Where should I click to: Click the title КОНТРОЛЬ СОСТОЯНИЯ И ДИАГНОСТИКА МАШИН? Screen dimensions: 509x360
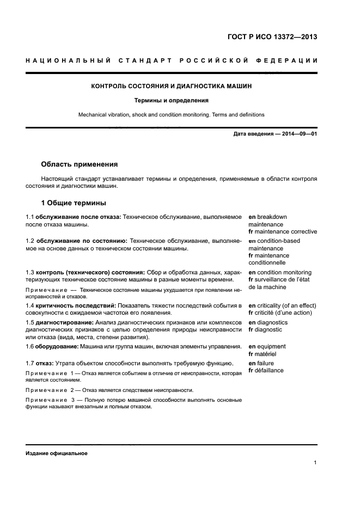171,86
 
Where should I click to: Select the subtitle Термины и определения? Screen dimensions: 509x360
171,101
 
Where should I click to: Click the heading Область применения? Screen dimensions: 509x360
79,164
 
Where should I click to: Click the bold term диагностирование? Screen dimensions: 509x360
62,322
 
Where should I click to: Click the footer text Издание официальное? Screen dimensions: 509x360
56,453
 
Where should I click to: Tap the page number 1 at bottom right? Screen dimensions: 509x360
315,463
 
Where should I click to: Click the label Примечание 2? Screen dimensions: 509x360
50,390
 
